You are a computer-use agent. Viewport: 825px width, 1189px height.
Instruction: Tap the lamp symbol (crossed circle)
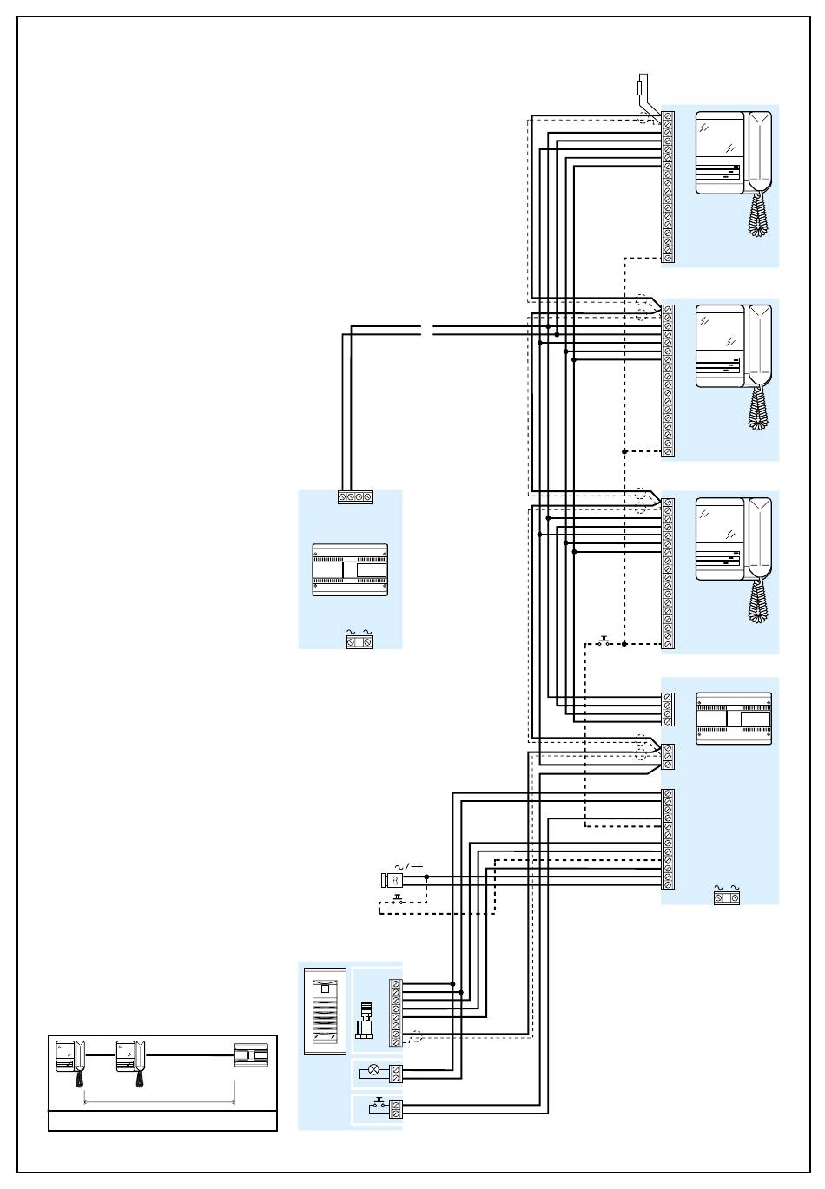coord(374,1069)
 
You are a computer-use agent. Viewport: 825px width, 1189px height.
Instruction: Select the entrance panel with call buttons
coord(325,1011)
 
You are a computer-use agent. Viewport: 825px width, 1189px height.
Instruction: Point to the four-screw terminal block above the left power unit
coord(355,497)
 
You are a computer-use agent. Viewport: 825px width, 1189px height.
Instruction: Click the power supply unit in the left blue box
coord(350,569)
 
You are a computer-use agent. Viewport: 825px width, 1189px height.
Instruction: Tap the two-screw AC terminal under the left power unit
coord(360,642)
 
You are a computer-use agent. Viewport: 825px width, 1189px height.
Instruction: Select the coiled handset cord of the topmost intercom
coord(759,214)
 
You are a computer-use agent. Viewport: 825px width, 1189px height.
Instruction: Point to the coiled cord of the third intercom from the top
coord(759,601)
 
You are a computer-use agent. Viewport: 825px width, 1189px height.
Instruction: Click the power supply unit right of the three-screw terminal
coord(734,719)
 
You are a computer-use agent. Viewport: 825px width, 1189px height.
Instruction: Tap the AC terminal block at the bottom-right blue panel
coord(727,897)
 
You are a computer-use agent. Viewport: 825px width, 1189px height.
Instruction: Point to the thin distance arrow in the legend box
coord(159,1103)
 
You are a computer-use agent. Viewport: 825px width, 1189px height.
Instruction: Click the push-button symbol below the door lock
coord(397,901)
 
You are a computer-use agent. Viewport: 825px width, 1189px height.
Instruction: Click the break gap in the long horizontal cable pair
coord(427,331)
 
